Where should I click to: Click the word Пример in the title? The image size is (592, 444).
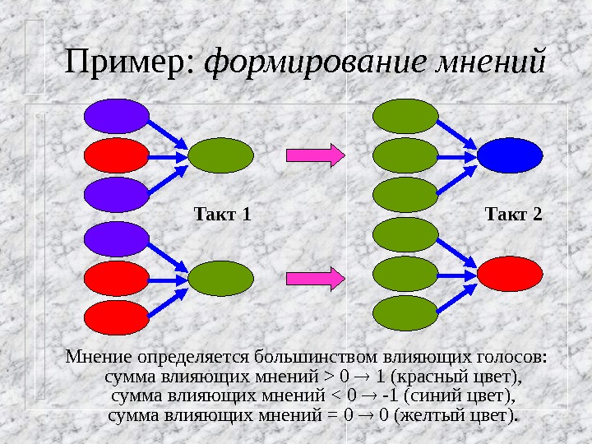pos(128,62)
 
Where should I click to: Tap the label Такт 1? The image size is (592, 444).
pos(221,215)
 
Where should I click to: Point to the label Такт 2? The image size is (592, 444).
pos(514,215)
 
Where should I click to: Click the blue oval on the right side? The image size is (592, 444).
pos(510,154)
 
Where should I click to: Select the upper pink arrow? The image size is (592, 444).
pos(314,154)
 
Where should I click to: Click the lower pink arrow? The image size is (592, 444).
pos(314,279)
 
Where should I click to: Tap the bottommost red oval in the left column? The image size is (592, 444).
pos(118,316)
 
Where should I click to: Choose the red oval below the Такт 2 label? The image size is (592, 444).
pos(510,273)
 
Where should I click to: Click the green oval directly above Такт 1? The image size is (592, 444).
pos(220,154)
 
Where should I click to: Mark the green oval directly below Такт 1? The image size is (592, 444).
pos(220,277)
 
